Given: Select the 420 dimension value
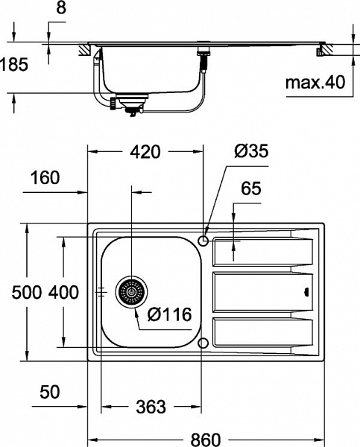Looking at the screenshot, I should (145, 152).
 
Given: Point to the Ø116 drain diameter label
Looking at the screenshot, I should (169, 315).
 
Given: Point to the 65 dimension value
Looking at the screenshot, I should (251, 189).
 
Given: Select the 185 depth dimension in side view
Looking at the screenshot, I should (14, 65).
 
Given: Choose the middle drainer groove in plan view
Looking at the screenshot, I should (261, 293).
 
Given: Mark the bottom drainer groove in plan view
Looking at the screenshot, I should (261, 332).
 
